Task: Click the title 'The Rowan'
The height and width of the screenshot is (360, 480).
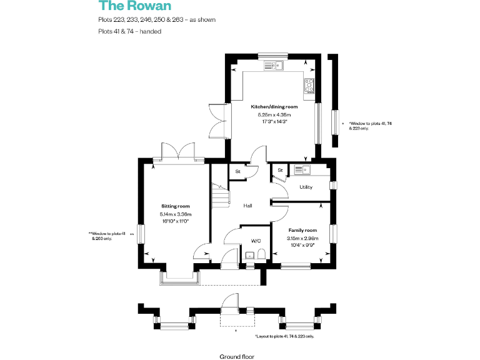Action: click(126, 6)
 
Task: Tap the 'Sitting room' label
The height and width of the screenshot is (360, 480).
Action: click(175, 206)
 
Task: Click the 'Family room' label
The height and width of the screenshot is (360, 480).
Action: click(302, 230)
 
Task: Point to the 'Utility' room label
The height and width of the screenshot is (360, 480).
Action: click(306, 187)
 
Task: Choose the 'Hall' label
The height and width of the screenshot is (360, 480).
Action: click(247, 206)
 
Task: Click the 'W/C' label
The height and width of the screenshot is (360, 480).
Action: click(256, 241)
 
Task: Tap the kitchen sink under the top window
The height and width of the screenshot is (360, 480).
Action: click(274, 64)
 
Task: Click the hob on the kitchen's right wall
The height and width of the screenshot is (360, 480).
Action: click(309, 86)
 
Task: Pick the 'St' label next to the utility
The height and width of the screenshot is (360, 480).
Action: click(280, 170)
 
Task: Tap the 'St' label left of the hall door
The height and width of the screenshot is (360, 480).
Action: click(237, 171)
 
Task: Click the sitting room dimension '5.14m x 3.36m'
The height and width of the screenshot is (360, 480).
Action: click(175, 214)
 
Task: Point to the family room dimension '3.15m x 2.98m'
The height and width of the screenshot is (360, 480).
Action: click(302, 238)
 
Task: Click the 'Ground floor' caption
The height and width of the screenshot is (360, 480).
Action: click(237, 356)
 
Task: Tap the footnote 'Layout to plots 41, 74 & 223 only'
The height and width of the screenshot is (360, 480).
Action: click(284, 336)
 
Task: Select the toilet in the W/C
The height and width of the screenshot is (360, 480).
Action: click(261, 253)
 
